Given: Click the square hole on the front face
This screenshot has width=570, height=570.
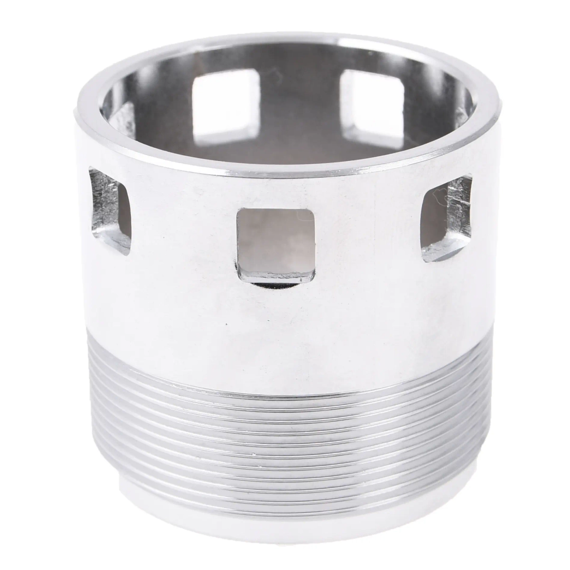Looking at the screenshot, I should pos(276,244).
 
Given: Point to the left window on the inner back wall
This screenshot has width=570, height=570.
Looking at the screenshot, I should pos(226,103).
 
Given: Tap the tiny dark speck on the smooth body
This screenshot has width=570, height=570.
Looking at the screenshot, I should pos(226,322).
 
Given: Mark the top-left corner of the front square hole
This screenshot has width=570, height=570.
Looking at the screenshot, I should pos(239,213).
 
